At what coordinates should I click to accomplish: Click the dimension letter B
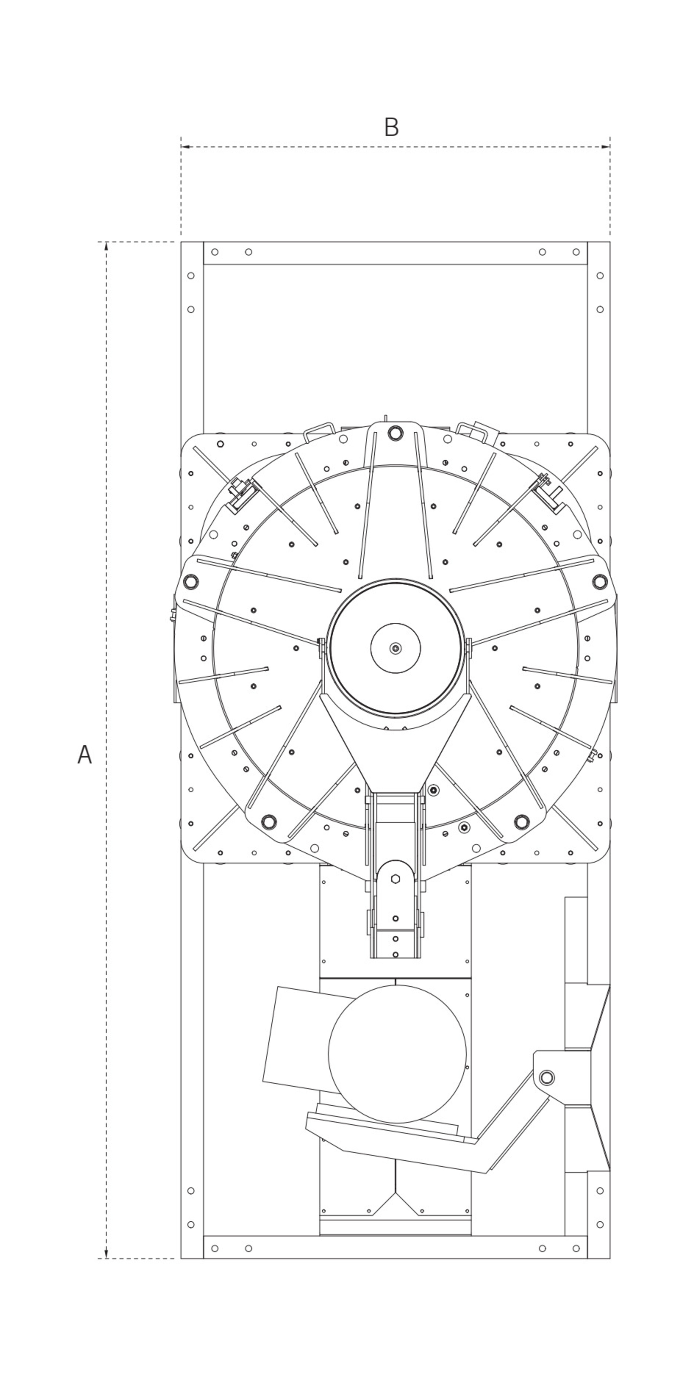(x=391, y=127)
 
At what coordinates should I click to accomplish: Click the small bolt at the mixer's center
(x=396, y=648)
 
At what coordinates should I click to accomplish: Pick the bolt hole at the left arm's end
(x=191, y=581)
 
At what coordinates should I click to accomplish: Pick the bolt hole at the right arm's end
(x=600, y=581)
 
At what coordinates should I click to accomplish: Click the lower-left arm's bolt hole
(x=269, y=822)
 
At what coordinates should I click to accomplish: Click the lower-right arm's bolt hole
(x=521, y=822)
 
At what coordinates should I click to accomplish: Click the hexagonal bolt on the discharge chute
(x=395, y=879)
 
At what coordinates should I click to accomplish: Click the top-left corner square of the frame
(x=192, y=253)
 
